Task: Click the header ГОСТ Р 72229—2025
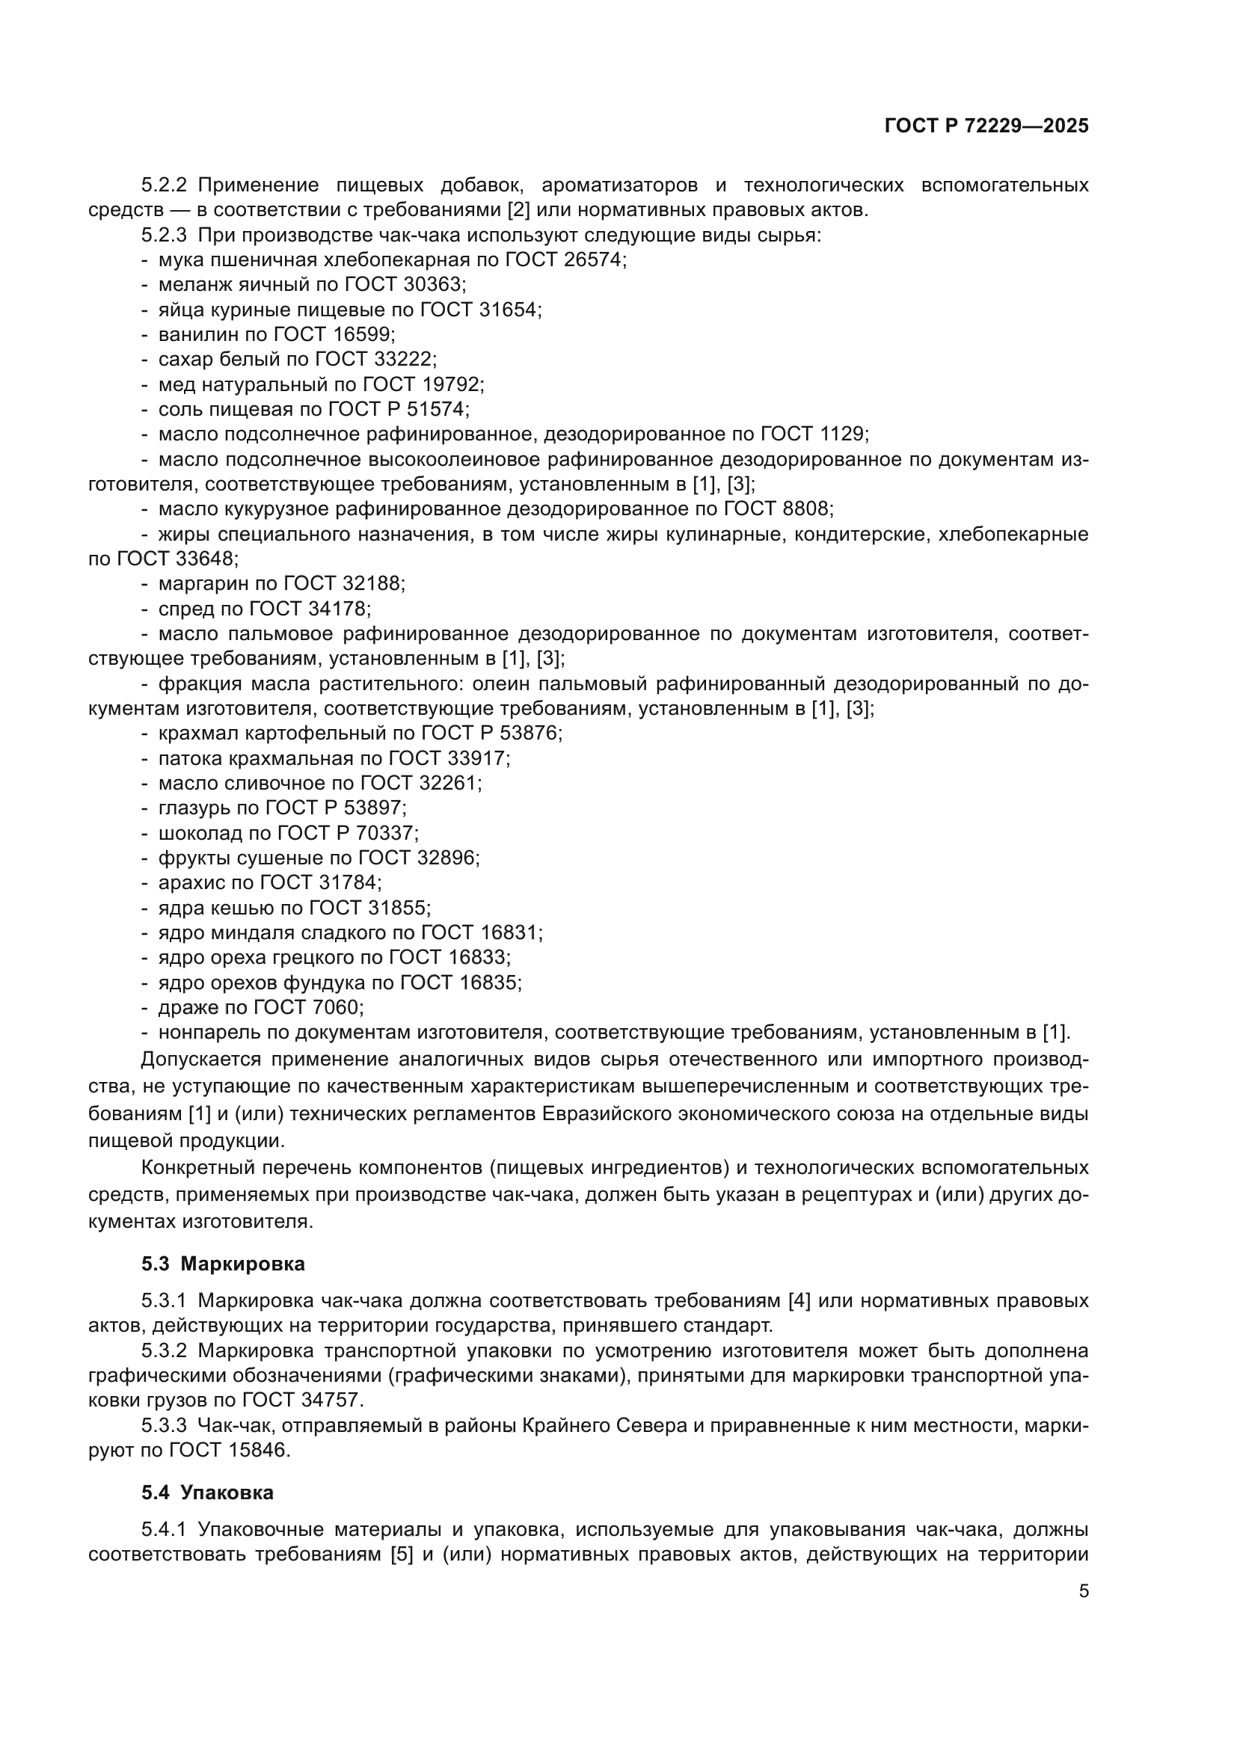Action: tap(986, 126)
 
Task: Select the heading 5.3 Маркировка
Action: tap(222, 1264)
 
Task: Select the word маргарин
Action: tap(200, 583)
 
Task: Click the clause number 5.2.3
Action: tap(164, 235)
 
